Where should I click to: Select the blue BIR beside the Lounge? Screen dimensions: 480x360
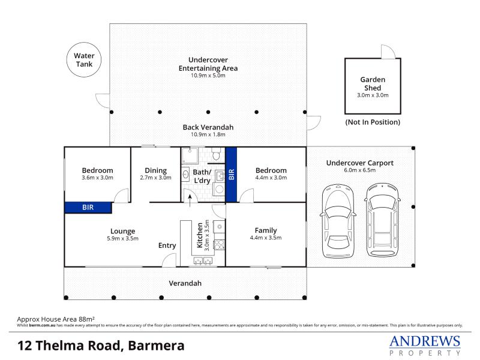pos(88,208)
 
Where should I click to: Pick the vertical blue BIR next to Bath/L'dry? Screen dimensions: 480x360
pos(231,175)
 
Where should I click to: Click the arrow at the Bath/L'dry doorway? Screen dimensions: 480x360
pos(190,200)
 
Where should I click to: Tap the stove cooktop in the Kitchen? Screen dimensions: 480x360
pos(219,245)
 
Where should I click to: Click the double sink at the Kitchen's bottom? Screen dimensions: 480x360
pos(203,261)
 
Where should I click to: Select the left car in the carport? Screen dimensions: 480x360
pos(338,220)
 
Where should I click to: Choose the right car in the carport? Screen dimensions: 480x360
pos(382,220)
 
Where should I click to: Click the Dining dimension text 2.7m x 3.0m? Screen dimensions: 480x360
pos(155,178)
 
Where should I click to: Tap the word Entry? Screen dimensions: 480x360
pos(167,245)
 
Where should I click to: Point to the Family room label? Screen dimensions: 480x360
pos(266,230)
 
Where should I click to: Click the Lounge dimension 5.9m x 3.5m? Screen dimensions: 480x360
pos(123,238)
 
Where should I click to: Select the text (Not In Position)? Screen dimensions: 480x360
pos(373,122)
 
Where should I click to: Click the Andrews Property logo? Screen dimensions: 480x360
pos(425,345)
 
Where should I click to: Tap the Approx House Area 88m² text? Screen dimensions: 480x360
pos(56,319)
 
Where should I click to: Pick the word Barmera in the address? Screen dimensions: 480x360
pos(156,346)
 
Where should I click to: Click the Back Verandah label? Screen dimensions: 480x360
pos(208,127)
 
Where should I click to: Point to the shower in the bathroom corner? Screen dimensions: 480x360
pos(190,156)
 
